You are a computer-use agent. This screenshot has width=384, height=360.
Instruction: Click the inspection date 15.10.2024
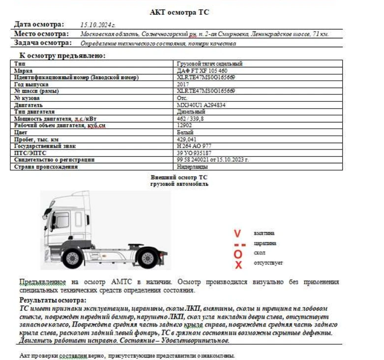(x=98, y=24)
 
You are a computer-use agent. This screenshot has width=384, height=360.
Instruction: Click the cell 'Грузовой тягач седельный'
(x=209, y=64)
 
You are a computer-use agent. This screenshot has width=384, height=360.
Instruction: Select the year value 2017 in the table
(x=182, y=85)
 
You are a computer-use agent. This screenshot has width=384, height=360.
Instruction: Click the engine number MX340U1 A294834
(x=202, y=105)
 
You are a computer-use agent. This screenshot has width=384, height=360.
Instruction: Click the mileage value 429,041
(x=187, y=140)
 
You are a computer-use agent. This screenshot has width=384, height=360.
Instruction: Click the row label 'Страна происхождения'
(x=46, y=167)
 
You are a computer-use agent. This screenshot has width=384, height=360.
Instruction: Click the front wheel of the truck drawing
(x=73, y=258)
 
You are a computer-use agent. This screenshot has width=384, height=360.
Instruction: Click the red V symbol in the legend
(x=237, y=233)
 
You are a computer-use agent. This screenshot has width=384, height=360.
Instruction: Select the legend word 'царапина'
(x=265, y=243)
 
